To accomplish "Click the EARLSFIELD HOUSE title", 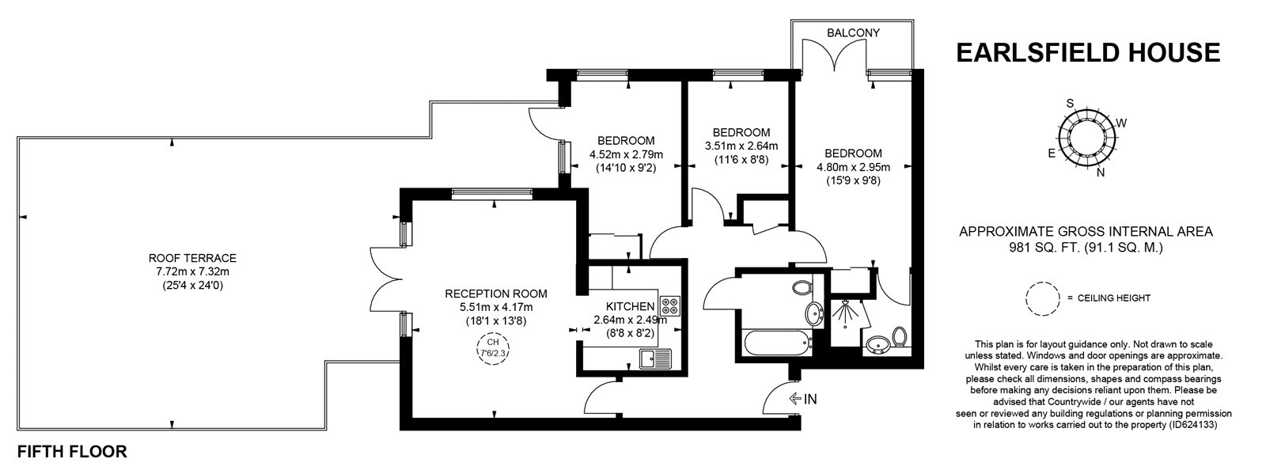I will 1088,52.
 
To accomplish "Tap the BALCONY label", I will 853,32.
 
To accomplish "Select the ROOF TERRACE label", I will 192,258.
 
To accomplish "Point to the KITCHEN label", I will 630,307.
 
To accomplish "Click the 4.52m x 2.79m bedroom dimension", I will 625,154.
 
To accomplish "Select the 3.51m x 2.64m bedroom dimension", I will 741,146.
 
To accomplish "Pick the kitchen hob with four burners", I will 671,306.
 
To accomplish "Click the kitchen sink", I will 655,359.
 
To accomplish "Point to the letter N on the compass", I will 1101,174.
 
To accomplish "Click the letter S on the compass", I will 1070,104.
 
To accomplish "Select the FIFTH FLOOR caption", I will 71,453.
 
